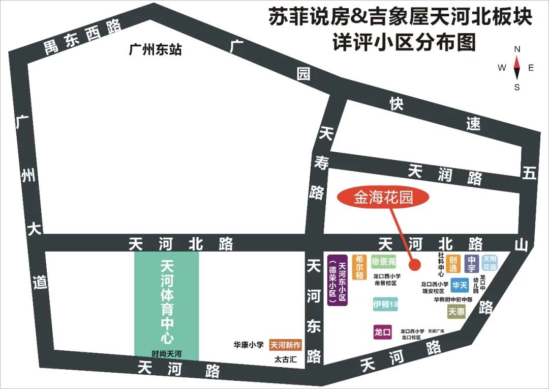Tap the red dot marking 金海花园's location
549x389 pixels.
pos(414,265)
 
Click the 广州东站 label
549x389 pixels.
pos(156,50)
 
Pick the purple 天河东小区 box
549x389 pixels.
pos(337,280)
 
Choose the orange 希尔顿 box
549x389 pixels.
pos(359,267)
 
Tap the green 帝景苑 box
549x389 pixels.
pos(383,262)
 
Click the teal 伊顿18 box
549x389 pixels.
pos(385,304)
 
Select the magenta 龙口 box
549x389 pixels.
pos(382,332)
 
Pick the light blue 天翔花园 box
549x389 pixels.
pos(489,263)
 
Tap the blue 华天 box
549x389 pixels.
pos(460,285)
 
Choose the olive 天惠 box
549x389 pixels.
pos(456,311)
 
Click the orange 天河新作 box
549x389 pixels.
pos(285,345)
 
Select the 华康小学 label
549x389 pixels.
pos(249,345)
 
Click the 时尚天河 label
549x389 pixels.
pos(166,353)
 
